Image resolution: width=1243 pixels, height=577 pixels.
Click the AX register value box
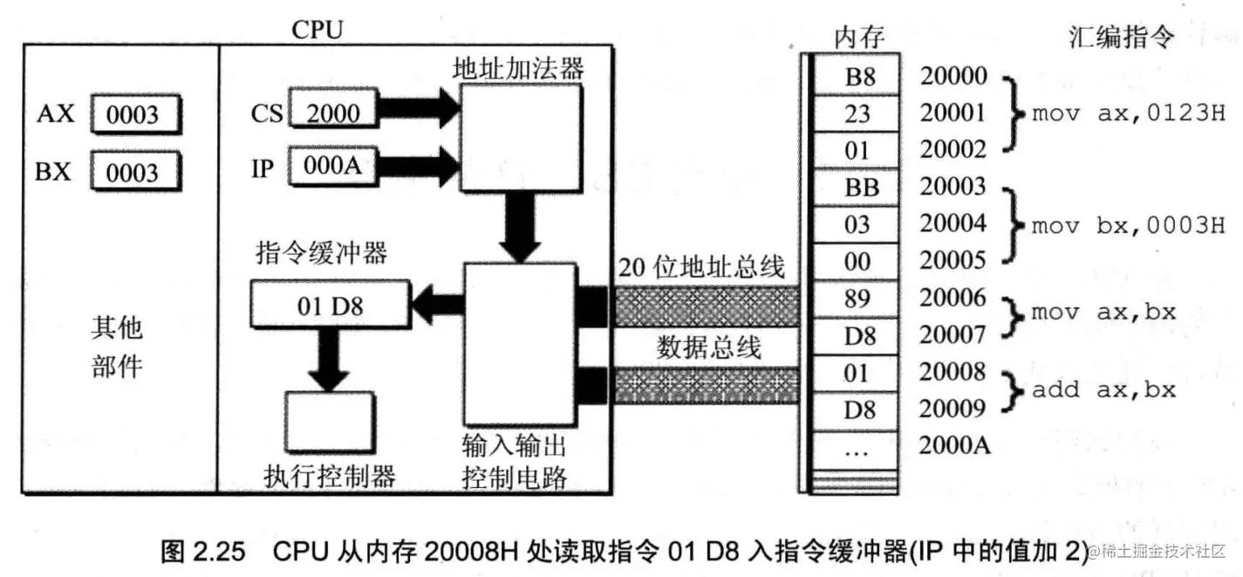click(134, 114)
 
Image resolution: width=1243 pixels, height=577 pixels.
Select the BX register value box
click(134, 172)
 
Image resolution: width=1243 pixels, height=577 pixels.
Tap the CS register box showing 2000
click(335, 112)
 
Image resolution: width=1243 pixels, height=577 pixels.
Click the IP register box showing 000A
click(335, 167)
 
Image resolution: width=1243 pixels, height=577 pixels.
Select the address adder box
click(520, 136)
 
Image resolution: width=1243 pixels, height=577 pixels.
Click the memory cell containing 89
click(857, 299)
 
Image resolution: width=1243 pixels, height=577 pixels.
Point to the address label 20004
click(953, 223)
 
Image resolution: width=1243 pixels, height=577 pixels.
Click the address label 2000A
click(954, 445)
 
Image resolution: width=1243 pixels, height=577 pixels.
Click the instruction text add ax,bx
click(1103, 390)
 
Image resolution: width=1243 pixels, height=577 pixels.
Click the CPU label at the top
click(317, 29)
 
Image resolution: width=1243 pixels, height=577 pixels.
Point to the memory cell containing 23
click(857, 113)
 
